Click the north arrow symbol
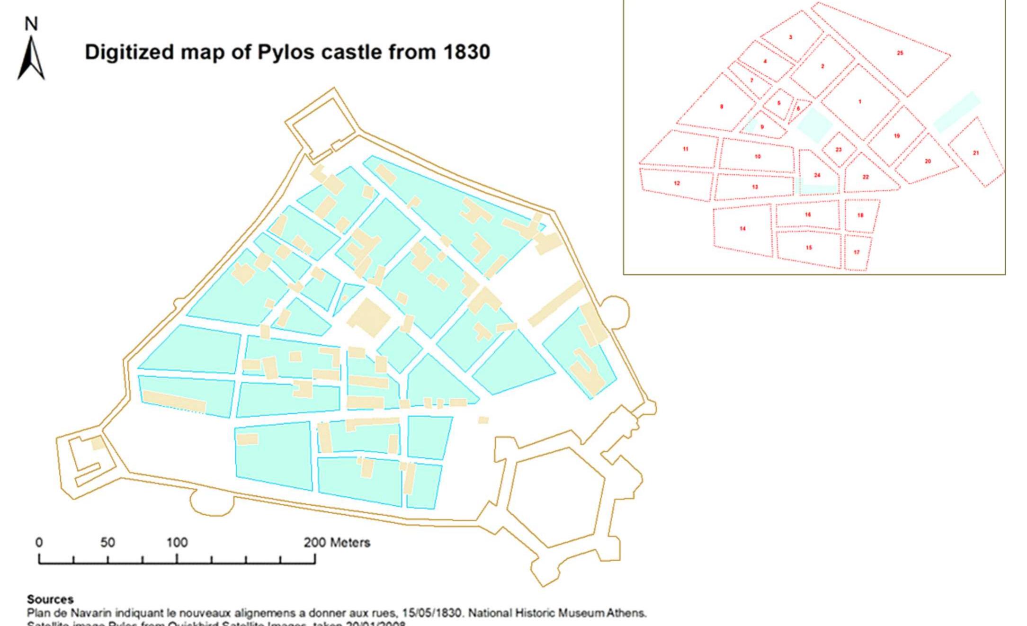point(31,59)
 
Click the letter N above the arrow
point(31,24)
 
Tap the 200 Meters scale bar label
point(337,543)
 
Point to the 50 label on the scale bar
point(107,543)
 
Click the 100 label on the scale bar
point(177,543)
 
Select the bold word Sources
point(50,599)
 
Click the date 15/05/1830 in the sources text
point(431,613)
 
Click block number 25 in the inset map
point(900,53)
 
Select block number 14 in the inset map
point(742,229)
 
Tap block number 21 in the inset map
point(976,153)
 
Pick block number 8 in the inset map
point(721,107)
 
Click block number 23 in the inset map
point(839,150)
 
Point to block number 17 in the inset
point(857,252)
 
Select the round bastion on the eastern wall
point(616,311)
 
